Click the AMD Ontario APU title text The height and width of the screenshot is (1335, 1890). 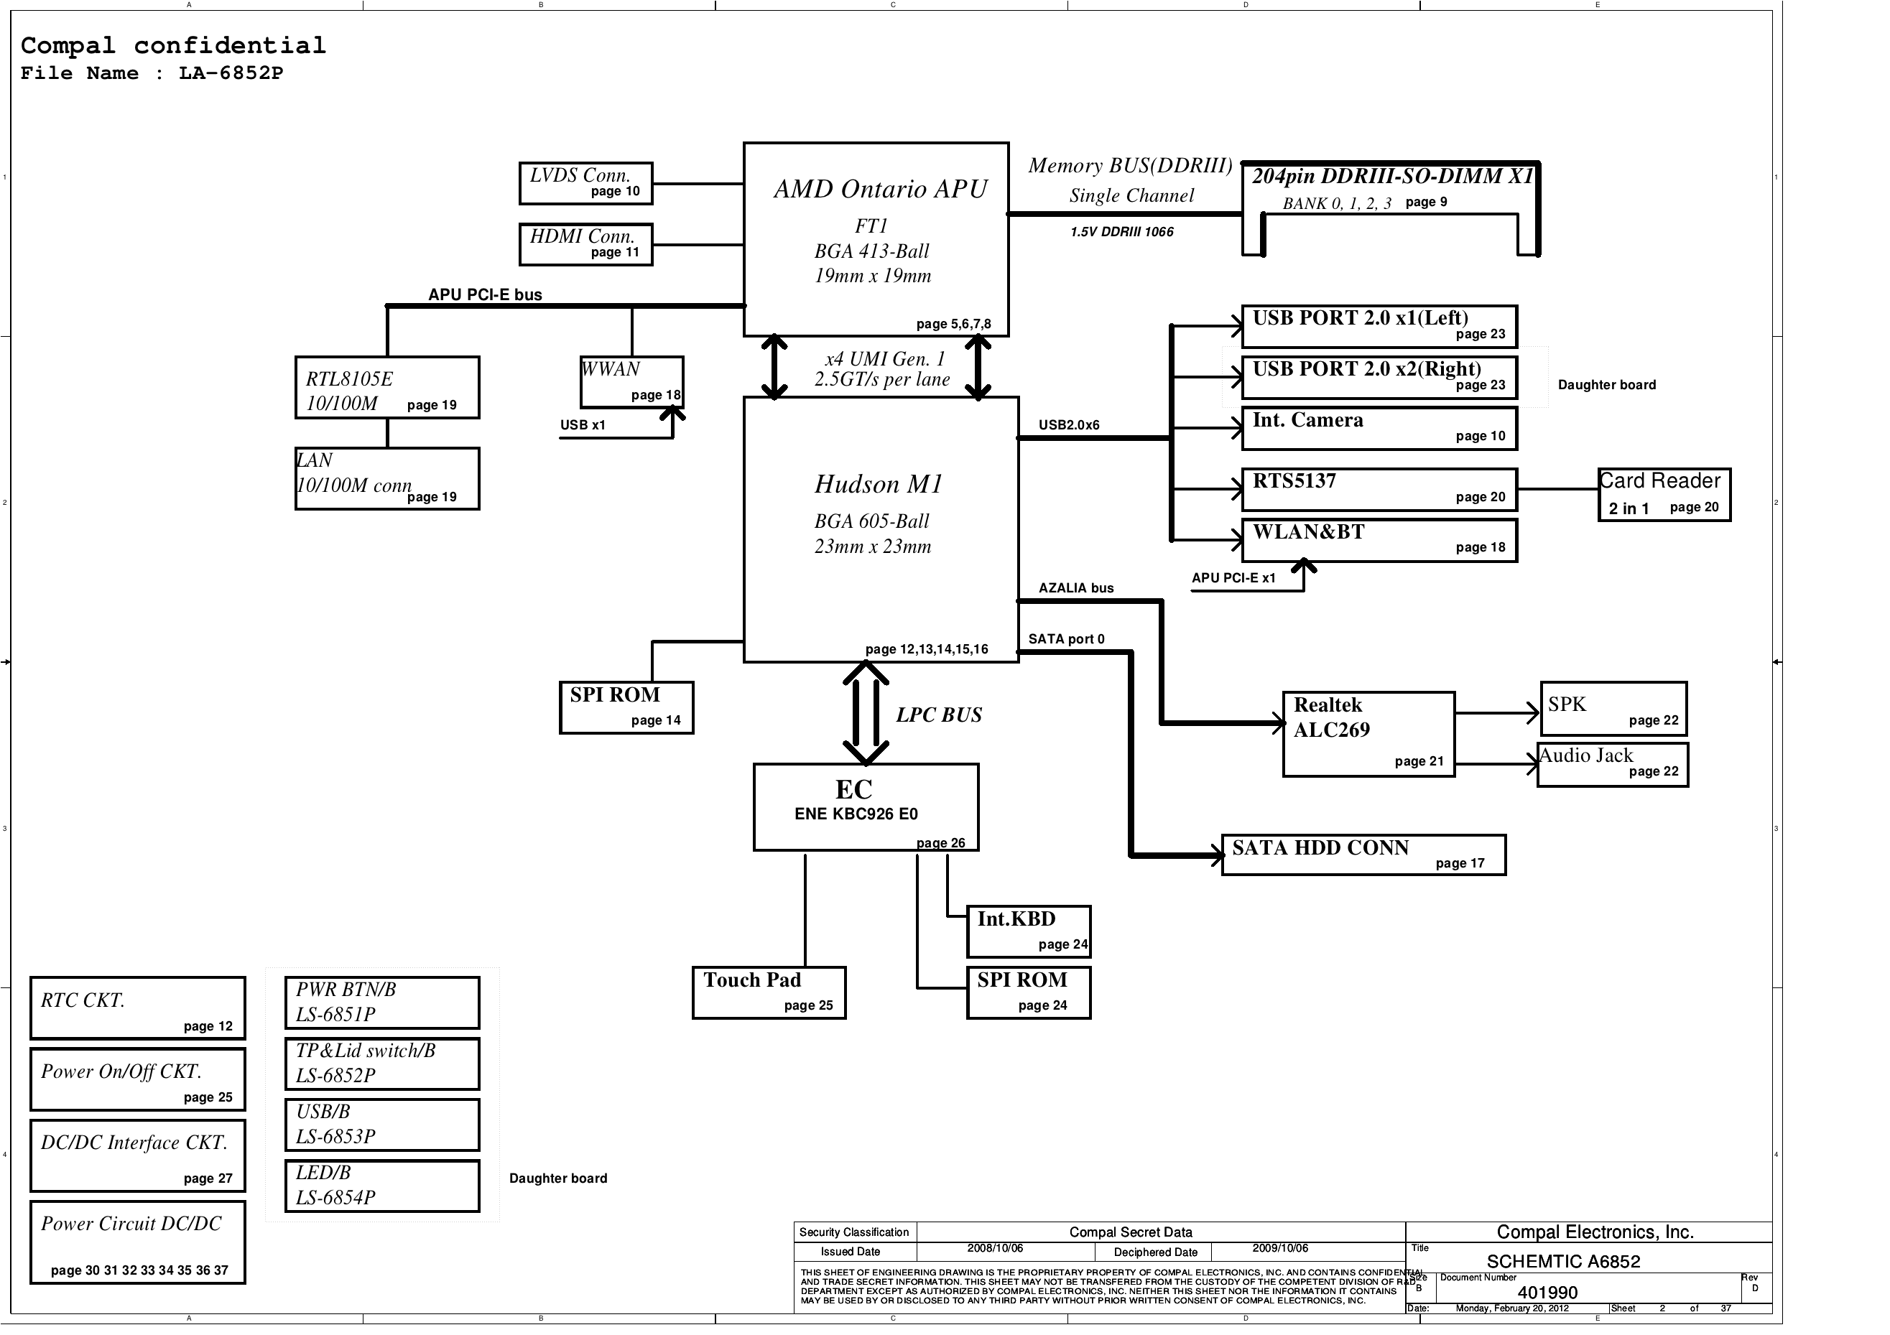[x=880, y=190]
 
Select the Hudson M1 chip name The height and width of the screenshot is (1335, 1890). [x=879, y=484]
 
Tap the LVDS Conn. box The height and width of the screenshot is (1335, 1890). [x=585, y=182]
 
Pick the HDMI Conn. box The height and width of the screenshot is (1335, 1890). [x=585, y=244]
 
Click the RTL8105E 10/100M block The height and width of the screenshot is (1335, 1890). [x=387, y=388]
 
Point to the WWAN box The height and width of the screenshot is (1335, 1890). [x=631, y=382]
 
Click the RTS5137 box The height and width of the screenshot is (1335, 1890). [x=1379, y=490]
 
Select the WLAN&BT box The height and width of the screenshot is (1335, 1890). [x=1379, y=541]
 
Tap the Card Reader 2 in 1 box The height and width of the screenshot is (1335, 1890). [x=1664, y=495]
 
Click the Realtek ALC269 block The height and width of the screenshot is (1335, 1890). [x=1368, y=734]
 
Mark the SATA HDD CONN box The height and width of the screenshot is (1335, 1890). [x=1363, y=855]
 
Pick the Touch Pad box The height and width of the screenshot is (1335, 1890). [x=769, y=992]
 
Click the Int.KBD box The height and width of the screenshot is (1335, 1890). [x=1028, y=931]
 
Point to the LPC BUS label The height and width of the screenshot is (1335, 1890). [x=938, y=715]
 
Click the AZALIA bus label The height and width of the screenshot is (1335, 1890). [x=1075, y=587]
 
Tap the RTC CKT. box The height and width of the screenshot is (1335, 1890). [x=137, y=1008]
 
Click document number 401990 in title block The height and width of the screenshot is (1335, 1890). [x=1547, y=1293]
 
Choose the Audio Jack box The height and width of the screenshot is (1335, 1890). [x=1612, y=765]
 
